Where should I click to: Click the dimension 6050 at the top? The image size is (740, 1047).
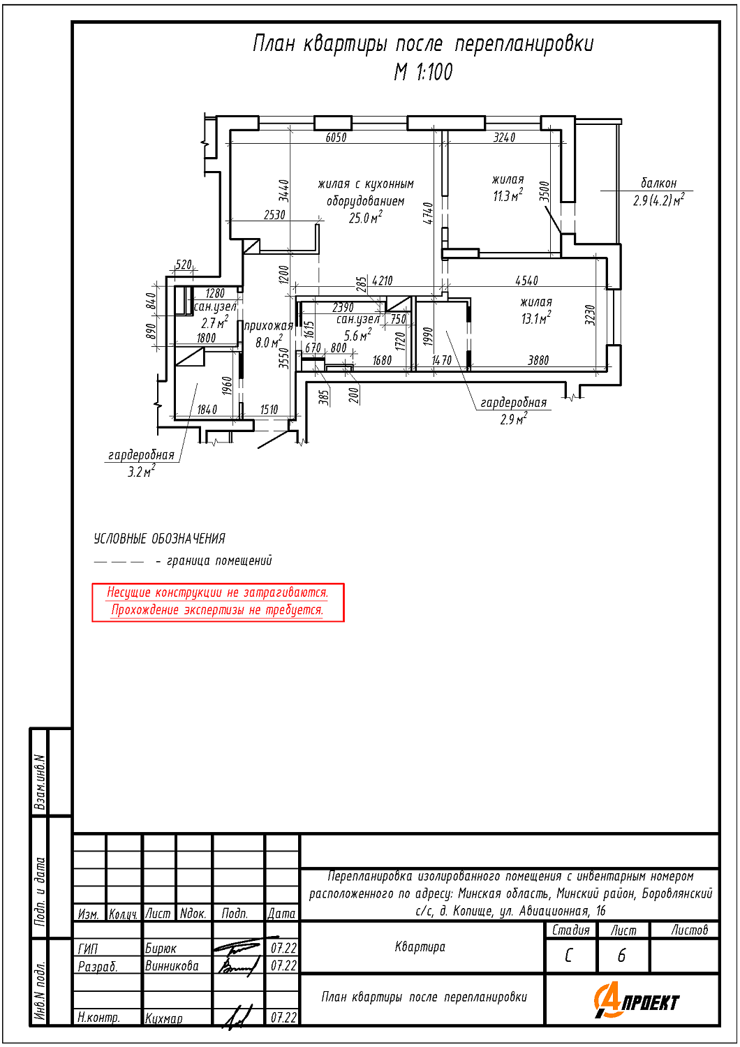[336, 138]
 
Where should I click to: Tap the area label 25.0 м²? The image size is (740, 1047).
[365, 218]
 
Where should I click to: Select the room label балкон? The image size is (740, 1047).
[658, 183]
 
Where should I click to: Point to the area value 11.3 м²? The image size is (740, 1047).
[508, 196]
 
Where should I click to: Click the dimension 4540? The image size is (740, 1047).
[526, 281]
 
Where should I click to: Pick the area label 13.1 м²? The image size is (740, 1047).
[535, 319]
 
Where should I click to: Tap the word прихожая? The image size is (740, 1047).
[268, 326]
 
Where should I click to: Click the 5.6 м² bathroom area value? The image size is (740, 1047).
[357, 336]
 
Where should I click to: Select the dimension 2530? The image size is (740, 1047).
[274, 215]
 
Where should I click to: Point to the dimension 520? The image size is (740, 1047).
[184, 265]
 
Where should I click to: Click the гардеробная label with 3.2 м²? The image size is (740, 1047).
[141, 455]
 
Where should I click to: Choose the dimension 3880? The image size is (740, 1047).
[538, 360]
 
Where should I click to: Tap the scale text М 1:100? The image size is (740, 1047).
[423, 72]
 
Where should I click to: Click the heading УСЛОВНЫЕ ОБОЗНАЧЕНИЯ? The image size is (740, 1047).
[159, 539]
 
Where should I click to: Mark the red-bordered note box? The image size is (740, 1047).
[218, 602]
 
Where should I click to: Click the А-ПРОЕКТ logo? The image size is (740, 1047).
[636, 1001]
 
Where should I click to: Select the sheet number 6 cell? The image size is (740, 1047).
[622, 956]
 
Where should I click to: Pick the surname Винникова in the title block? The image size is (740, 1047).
[172, 966]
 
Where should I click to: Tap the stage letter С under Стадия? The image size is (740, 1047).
[570, 956]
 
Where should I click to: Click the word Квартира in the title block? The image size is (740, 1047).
[420, 947]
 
